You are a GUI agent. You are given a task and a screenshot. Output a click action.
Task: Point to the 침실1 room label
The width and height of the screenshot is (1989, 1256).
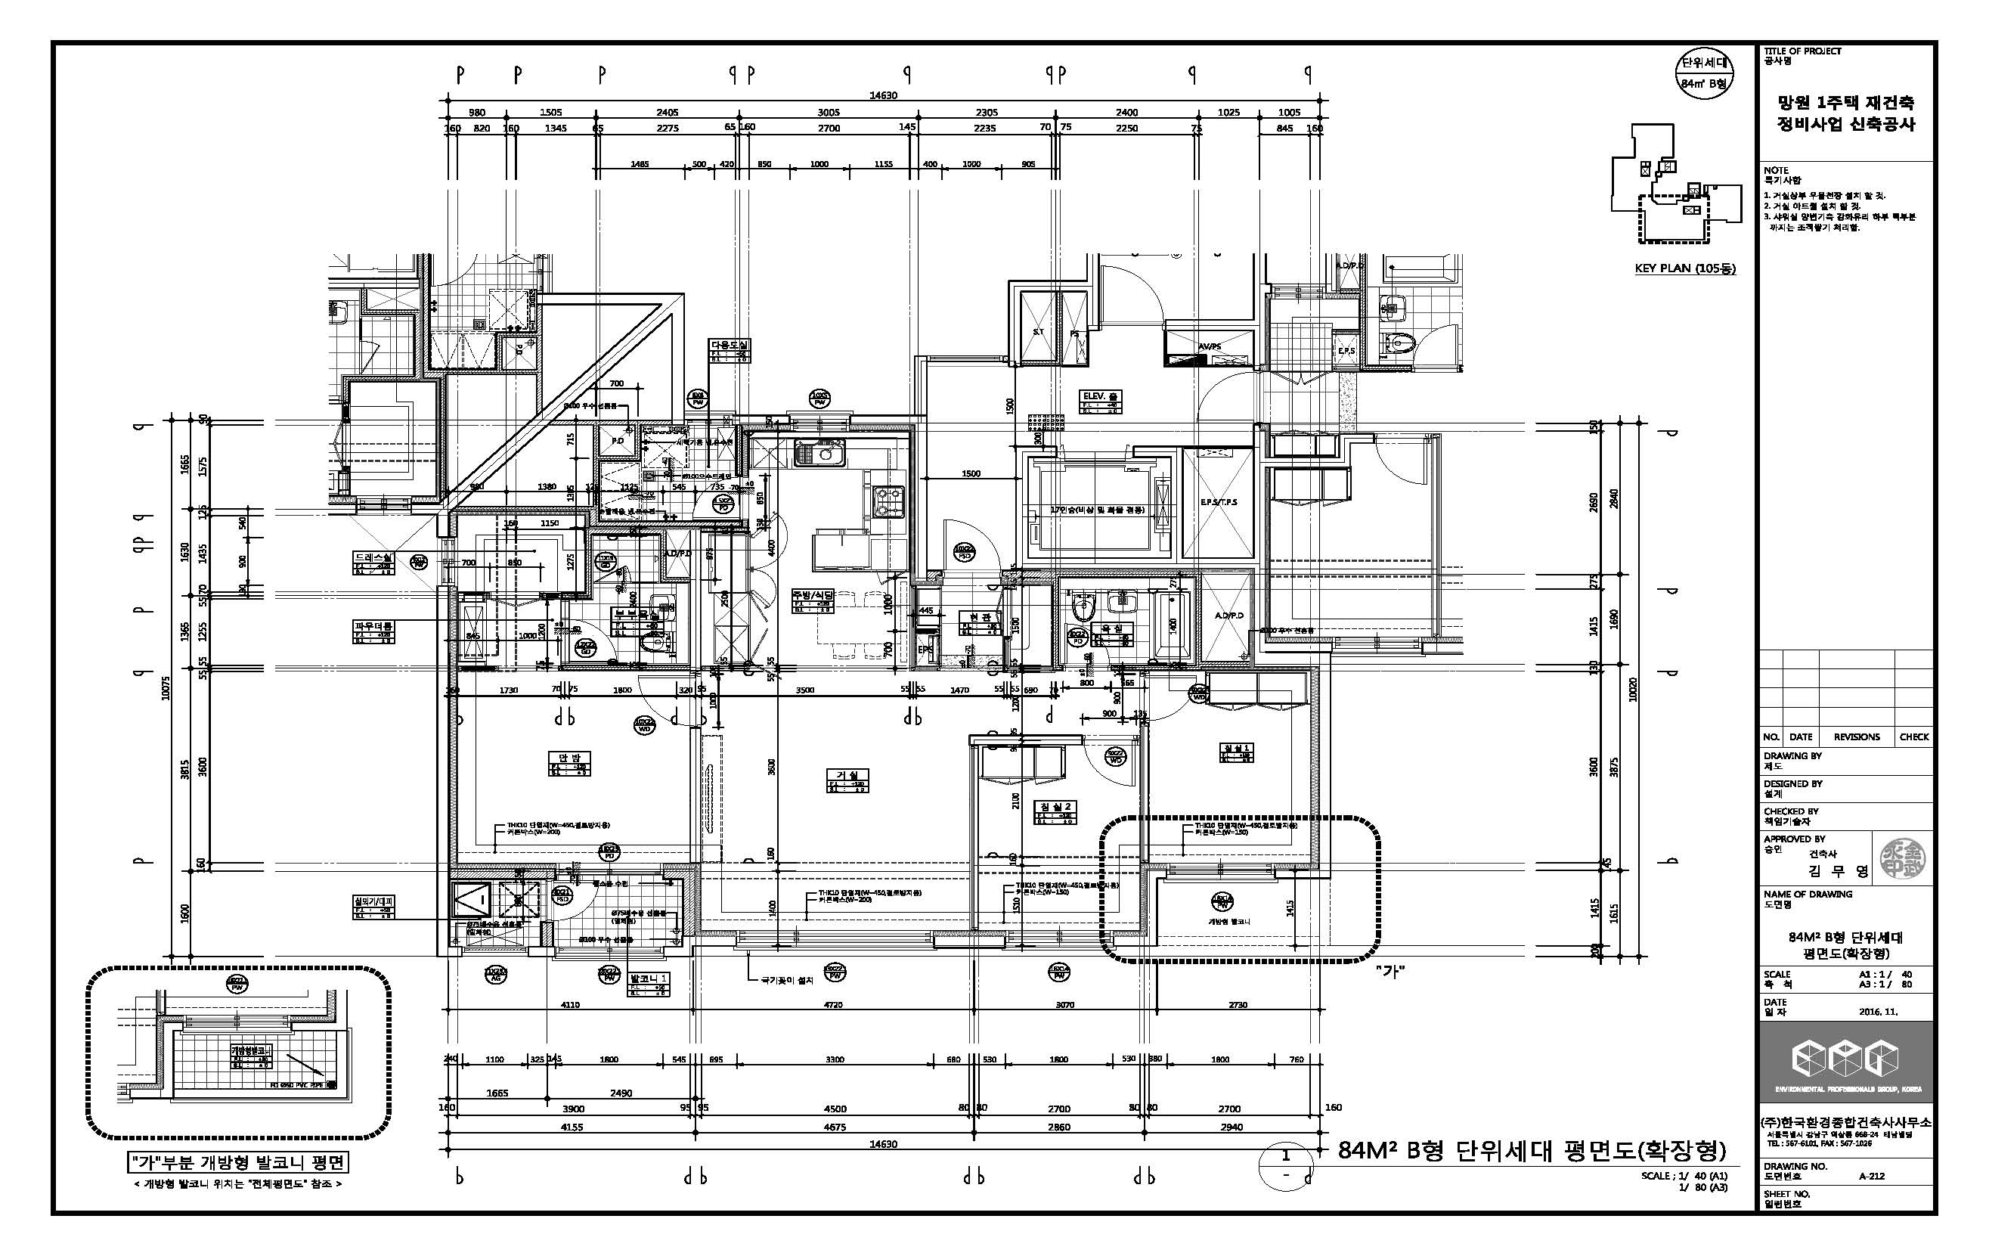point(1237,749)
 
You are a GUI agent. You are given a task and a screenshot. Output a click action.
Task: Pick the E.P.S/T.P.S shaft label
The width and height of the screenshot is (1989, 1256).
point(1219,502)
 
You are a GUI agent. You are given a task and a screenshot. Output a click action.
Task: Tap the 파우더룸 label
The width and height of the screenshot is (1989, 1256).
point(374,626)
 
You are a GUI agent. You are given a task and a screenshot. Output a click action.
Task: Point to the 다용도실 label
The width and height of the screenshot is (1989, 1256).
point(730,345)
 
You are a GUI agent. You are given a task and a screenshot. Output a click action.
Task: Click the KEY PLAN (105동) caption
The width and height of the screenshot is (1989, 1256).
point(1685,268)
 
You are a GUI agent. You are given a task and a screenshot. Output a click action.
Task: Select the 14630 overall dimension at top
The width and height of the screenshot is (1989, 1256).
point(883,95)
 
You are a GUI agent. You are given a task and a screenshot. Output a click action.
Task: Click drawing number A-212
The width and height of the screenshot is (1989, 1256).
point(1871,1177)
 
